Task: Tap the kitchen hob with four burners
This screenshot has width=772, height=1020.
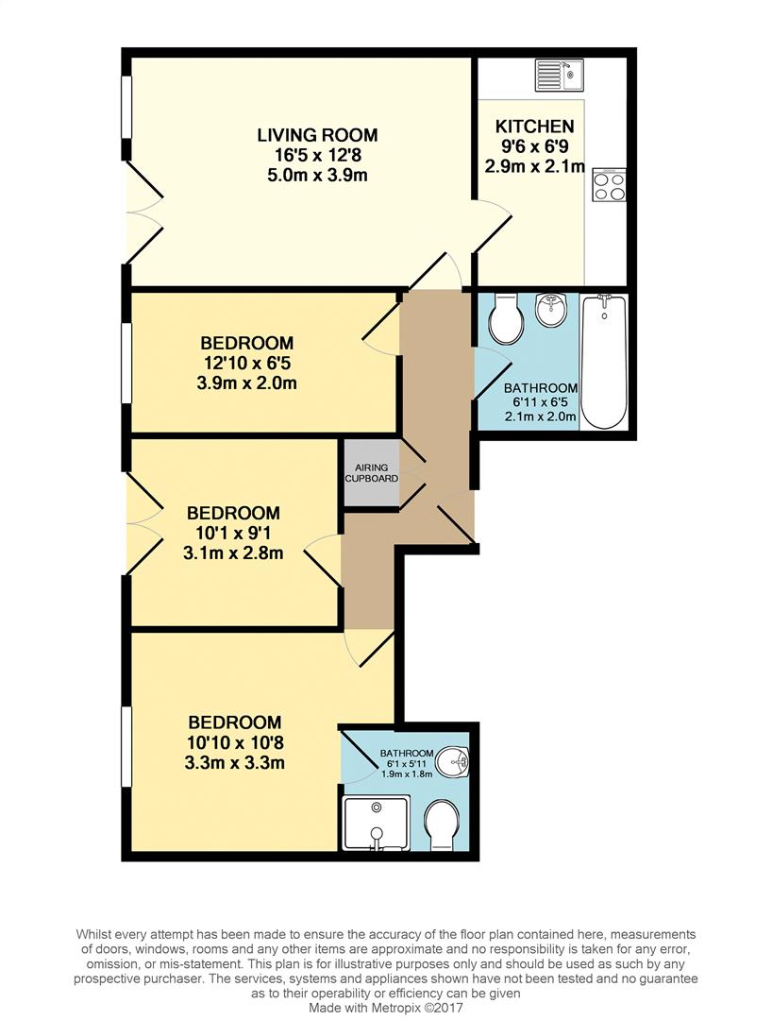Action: tap(609, 184)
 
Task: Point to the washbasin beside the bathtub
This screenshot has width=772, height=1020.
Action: tap(550, 309)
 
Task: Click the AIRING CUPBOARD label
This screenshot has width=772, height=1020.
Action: tap(371, 473)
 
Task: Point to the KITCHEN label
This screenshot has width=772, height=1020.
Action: tap(534, 127)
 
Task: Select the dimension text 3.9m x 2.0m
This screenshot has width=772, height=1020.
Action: tap(246, 383)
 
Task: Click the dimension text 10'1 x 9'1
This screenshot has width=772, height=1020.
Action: tap(233, 534)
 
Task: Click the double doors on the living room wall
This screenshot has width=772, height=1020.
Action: tap(140, 212)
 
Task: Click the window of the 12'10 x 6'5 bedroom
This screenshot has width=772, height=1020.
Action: tap(126, 362)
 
